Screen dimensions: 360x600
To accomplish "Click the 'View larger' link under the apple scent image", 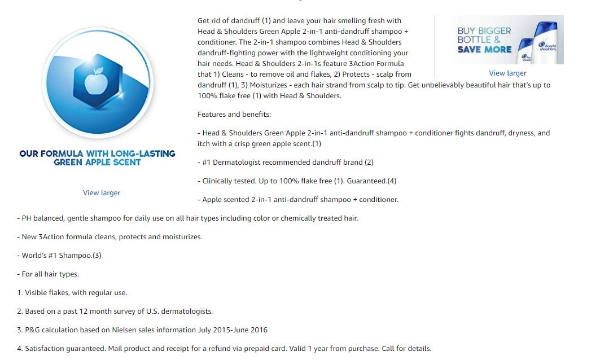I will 102,193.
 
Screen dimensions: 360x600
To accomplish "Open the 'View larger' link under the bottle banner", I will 507,73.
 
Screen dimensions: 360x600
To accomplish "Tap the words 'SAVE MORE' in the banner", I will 484,50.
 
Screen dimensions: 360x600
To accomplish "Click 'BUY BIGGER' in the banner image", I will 484,31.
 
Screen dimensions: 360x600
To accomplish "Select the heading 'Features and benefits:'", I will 234,115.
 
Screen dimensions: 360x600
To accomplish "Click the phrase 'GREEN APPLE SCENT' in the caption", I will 97,163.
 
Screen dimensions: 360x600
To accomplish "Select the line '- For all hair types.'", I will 48,274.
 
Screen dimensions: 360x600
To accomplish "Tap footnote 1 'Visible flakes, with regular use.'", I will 76,293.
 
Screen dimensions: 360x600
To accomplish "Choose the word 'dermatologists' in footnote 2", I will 187,311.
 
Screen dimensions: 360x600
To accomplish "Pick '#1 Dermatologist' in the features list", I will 232,163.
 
